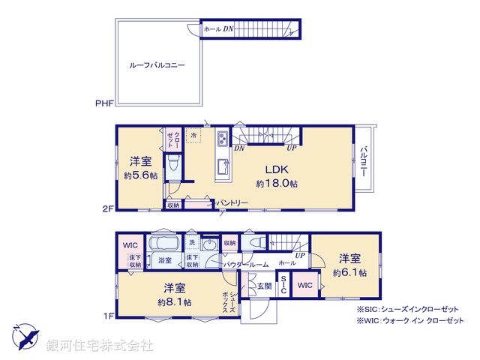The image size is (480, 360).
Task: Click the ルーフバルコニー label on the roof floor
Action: pyautogui.click(x=157, y=65)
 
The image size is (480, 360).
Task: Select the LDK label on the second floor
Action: pyautogui.click(x=271, y=169)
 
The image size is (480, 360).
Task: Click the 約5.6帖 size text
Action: pyautogui.click(x=140, y=175)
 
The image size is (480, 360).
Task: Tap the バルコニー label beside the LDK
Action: pyautogui.click(x=364, y=161)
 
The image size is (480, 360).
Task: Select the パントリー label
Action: pyautogui.click(x=232, y=202)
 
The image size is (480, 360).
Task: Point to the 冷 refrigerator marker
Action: pyautogui.click(x=193, y=136)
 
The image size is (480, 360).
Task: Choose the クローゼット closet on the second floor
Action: pyautogui.click(x=172, y=139)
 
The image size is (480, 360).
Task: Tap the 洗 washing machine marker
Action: pyautogui.click(x=192, y=242)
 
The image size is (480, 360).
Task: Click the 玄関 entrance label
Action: pyautogui.click(x=265, y=285)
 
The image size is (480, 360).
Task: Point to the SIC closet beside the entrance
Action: pyautogui.click(x=283, y=285)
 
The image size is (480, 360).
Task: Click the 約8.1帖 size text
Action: pyautogui.click(x=174, y=301)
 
